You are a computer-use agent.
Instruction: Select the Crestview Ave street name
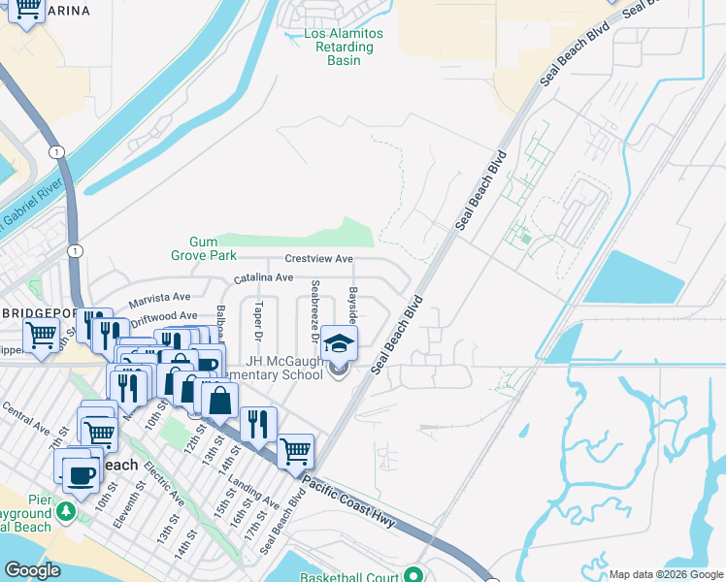(x=318, y=259)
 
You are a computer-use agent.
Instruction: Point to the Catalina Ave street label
(x=263, y=277)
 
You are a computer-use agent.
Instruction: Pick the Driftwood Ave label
(x=163, y=315)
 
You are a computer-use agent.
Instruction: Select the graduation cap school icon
(x=339, y=343)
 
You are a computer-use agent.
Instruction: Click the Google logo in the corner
(x=32, y=570)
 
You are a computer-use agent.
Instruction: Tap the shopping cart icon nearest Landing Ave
(x=295, y=451)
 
